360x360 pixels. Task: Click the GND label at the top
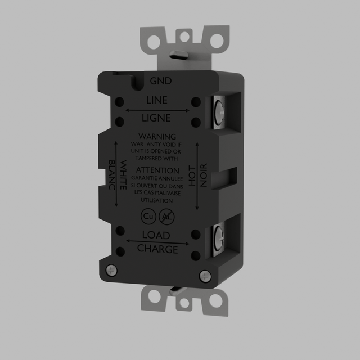pyautogui.click(x=160, y=81)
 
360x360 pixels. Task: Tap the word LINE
pyautogui.click(x=157, y=101)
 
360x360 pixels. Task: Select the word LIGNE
pyautogui.click(x=157, y=118)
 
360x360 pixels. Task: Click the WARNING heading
pyautogui.click(x=157, y=137)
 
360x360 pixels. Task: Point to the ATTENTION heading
pyautogui.click(x=157, y=170)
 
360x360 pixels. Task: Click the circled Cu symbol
pyautogui.click(x=148, y=216)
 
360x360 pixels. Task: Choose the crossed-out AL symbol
pyautogui.click(x=166, y=216)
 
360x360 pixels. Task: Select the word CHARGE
pyautogui.click(x=157, y=249)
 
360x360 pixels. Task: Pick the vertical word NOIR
pyautogui.click(x=204, y=174)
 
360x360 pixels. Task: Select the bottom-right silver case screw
pyautogui.click(x=205, y=276)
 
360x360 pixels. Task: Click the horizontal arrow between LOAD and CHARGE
pyautogui.click(x=157, y=241)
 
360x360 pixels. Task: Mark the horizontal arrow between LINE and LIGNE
pyautogui.click(x=157, y=110)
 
